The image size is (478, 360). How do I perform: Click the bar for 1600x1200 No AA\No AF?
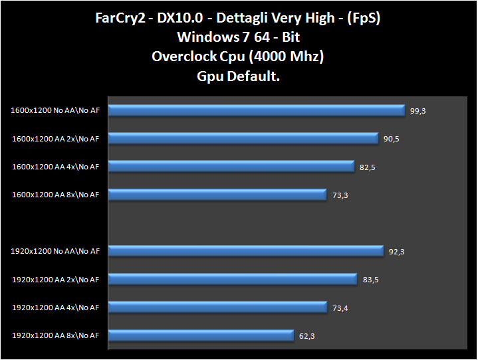[x=256, y=110]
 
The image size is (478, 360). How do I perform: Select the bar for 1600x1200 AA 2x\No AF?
[x=243, y=138]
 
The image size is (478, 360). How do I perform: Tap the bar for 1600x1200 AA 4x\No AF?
[x=231, y=166]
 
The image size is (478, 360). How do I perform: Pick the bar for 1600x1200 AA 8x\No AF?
[x=217, y=195]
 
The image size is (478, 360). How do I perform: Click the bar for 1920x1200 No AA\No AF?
[x=245, y=251]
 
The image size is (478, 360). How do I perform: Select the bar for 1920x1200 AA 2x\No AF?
[x=233, y=279]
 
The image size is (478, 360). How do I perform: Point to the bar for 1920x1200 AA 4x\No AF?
[x=217, y=307]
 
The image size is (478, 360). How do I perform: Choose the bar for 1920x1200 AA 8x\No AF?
[x=201, y=335]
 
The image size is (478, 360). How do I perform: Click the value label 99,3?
[x=418, y=110]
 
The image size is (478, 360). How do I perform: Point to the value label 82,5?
[x=368, y=167]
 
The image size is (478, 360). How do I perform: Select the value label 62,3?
[x=307, y=336]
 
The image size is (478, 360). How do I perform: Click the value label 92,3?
[x=398, y=252]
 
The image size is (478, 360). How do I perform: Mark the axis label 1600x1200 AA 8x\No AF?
[x=55, y=195]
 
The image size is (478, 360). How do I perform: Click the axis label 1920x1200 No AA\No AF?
[x=55, y=251]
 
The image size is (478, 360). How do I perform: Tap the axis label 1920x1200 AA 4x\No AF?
[x=55, y=307]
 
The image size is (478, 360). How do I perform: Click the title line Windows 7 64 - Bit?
[x=239, y=37]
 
